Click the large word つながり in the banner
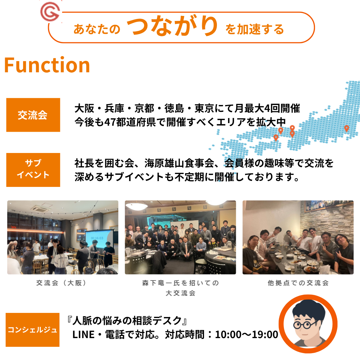[x=172, y=25]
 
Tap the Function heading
[x=47, y=65]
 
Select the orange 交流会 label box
[x=33, y=115]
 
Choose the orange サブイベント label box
[x=33, y=170]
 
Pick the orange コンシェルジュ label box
[x=32, y=330]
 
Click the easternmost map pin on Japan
[x=346, y=128]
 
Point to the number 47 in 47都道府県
[x=110, y=122]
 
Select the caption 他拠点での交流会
[x=298, y=283]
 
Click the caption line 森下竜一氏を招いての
[x=180, y=283]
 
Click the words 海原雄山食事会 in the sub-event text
[x=179, y=163]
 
